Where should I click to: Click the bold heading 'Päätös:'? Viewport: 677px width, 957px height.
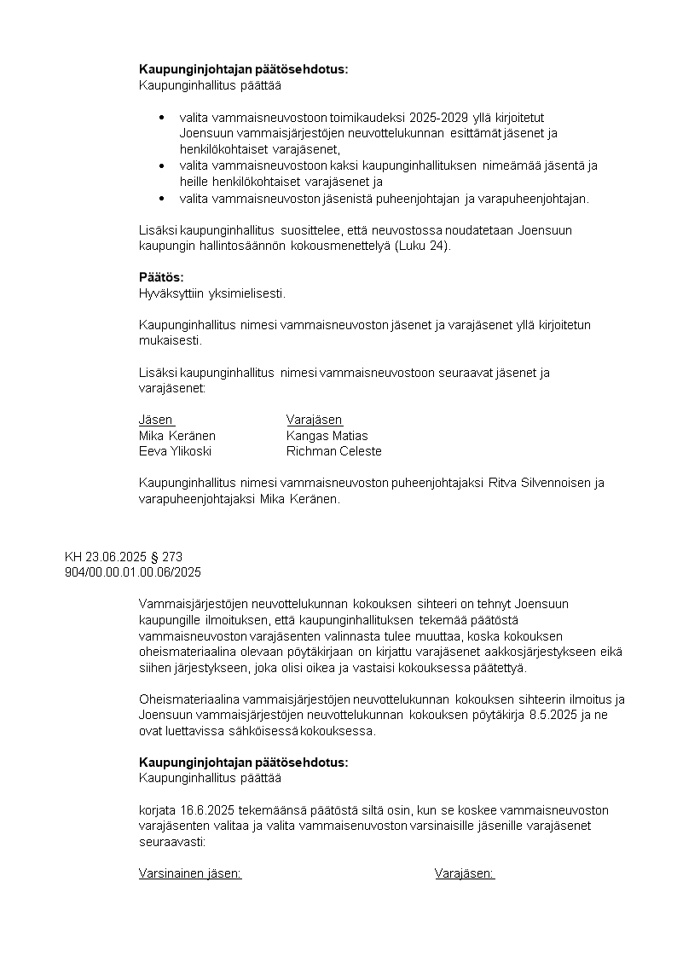pyautogui.click(x=161, y=278)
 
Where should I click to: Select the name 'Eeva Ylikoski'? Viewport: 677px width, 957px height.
pyautogui.click(x=175, y=451)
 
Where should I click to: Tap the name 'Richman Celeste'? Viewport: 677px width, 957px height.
pyautogui.click(x=333, y=451)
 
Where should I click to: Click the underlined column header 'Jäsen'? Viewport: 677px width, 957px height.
pyautogui.click(x=156, y=420)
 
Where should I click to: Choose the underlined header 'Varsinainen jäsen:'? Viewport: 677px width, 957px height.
pyautogui.click(x=190, y=873)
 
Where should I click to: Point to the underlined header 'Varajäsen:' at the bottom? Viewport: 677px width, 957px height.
pyautogui.click(x=465, y=873)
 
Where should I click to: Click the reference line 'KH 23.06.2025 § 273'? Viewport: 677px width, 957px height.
pyautogui.click(x=124, y=557)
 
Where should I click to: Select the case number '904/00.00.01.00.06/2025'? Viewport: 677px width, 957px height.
pyautogui.click(x=133, y=571)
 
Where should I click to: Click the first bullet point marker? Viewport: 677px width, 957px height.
pyautogui.click(x=162, y=117)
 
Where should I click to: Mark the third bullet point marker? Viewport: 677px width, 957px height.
pyautogui.click(x=162, y=199)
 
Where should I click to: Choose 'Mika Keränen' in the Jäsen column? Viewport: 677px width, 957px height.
pyautogui.click(x=177, y=436)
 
